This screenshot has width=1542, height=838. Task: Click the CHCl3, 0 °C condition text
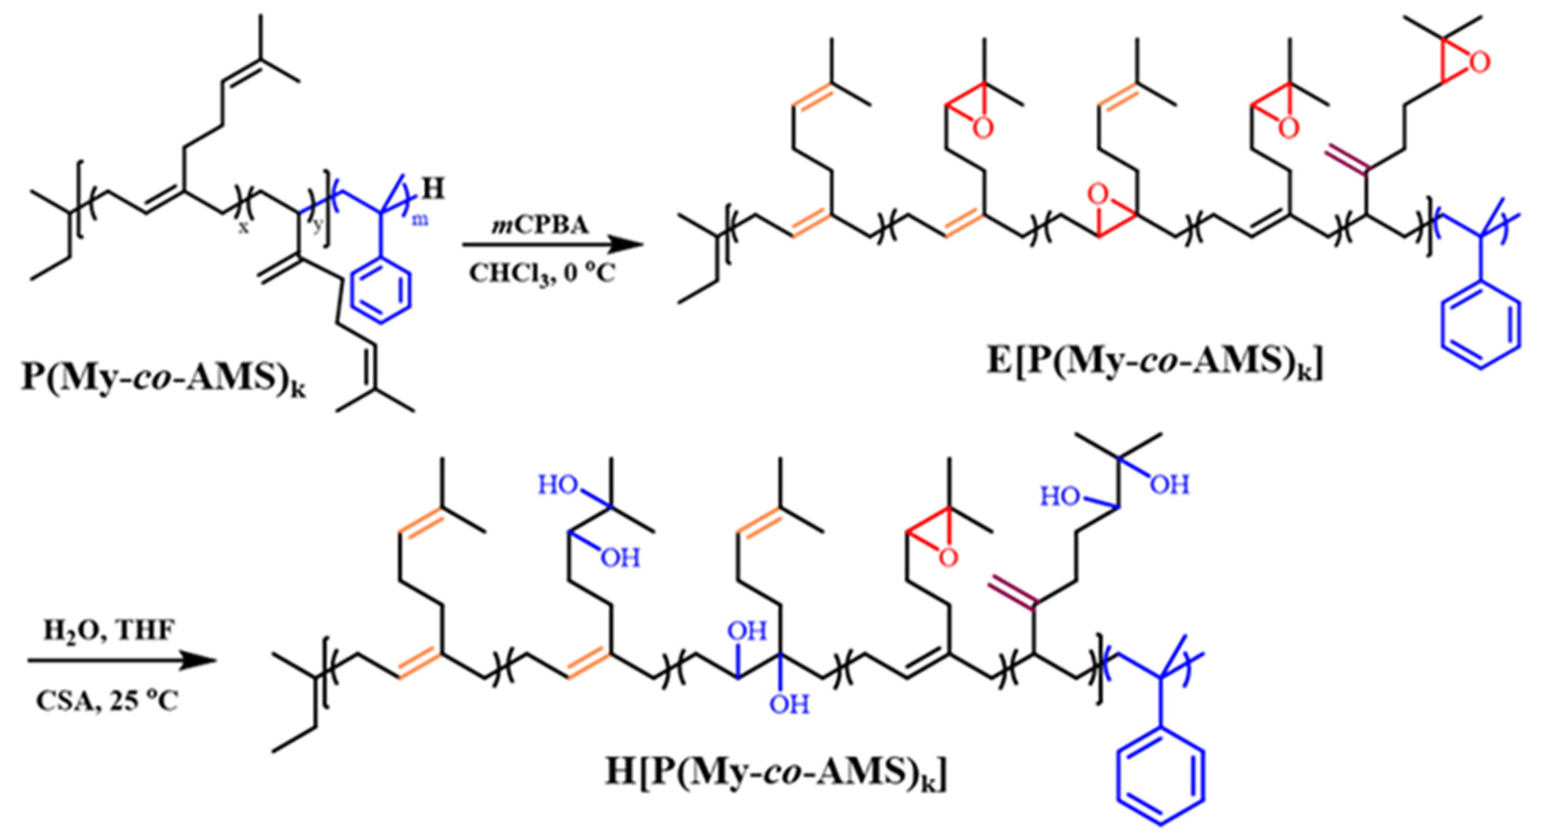[x=542, y=274]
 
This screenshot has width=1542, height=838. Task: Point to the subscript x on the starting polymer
[x=243, y=228]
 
